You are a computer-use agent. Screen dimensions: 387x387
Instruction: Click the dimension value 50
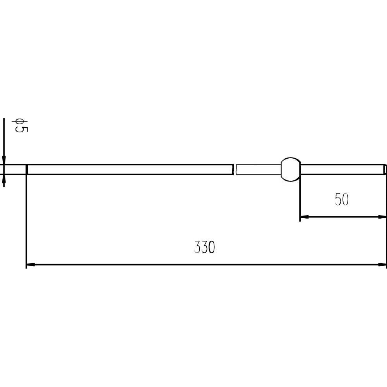(x=342, y=200)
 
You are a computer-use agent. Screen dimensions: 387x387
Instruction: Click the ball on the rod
(x=290, y=170)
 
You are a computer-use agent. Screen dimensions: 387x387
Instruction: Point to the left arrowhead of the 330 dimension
(x=30, y=265)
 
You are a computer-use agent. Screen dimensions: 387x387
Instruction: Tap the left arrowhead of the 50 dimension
(x=305, y=217)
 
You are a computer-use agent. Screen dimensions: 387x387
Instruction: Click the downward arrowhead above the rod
(x=4, y=161)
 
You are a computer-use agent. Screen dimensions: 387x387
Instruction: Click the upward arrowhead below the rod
(x=4, y=178)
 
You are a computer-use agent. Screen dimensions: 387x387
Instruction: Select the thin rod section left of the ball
(x=257, y=170)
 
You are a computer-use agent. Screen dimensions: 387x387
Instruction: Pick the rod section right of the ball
(x=341, y=170)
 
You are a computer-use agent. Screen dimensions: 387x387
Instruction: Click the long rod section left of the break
(x=130, y=170)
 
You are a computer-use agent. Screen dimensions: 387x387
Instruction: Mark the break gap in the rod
(x=235, y=170)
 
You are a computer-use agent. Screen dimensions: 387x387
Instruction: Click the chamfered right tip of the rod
(x=385, y=170)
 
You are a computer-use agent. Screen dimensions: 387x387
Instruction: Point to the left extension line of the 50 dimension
(x=300, y=201)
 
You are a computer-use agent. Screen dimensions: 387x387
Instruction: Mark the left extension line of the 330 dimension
(x=26, y=221)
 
